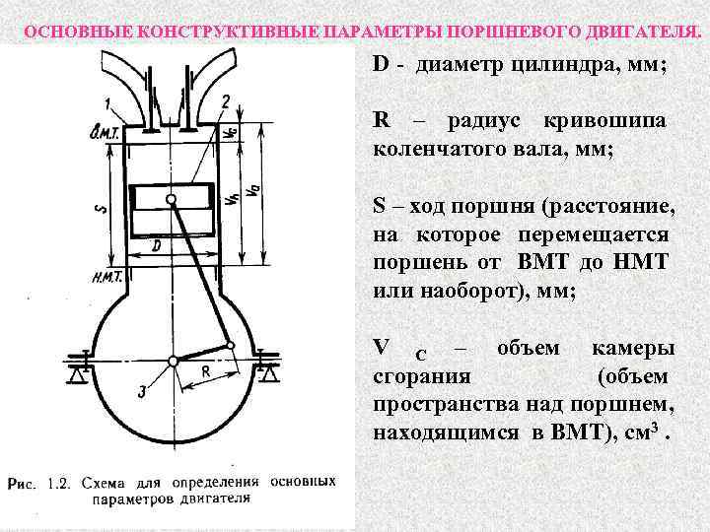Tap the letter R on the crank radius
pyautogui.click(x=205, y=371)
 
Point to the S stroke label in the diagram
pyautogui.click(x=97, y=210)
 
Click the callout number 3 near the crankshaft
pyautogui.click(x=142, y=392)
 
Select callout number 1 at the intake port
pyautogui.click(x=106, y=103)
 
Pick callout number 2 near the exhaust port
pyautogui.click(x=226, y=100)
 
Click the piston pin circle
pyautogui.click(x=172, y=201)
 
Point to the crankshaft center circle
pyautogui.click(x=174, y=362)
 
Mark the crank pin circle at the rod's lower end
pyautogui.click(x=230, y=345)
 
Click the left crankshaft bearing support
pyautogui.click(x=83, y=372)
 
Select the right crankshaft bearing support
pyautogui.click(x=267, y=372)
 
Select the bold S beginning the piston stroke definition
pyautogui.click(x=380, y=207)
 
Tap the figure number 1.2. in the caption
pyautogui.click(x=58, y=483)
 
